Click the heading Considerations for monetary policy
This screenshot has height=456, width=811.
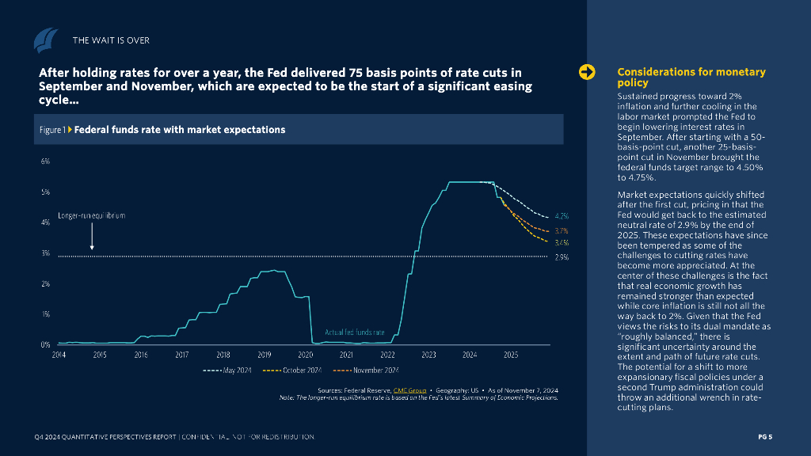[x=691, y=77]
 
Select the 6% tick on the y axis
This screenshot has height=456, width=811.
[x=45, y=161]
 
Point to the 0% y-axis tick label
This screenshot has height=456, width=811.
[x=45, y=344]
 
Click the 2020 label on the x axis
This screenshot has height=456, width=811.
[x=305, y=355]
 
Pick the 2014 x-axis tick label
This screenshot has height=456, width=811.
[x=59, y=355]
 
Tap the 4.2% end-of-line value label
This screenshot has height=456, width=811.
[x=562, y=215]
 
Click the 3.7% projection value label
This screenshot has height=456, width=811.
[x=562, y=230]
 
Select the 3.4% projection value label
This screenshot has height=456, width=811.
[x=562, y=242]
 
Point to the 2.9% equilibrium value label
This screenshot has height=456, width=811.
[x=562, y=257]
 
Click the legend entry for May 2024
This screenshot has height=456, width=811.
[x=227, y=370]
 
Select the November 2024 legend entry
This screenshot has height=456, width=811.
[x=366, y=370]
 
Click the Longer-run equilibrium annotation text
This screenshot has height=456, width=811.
[x=92, y=215]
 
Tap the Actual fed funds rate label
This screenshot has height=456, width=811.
[x=355, y=332]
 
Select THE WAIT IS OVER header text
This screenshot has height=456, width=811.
[x=111, y=40]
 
